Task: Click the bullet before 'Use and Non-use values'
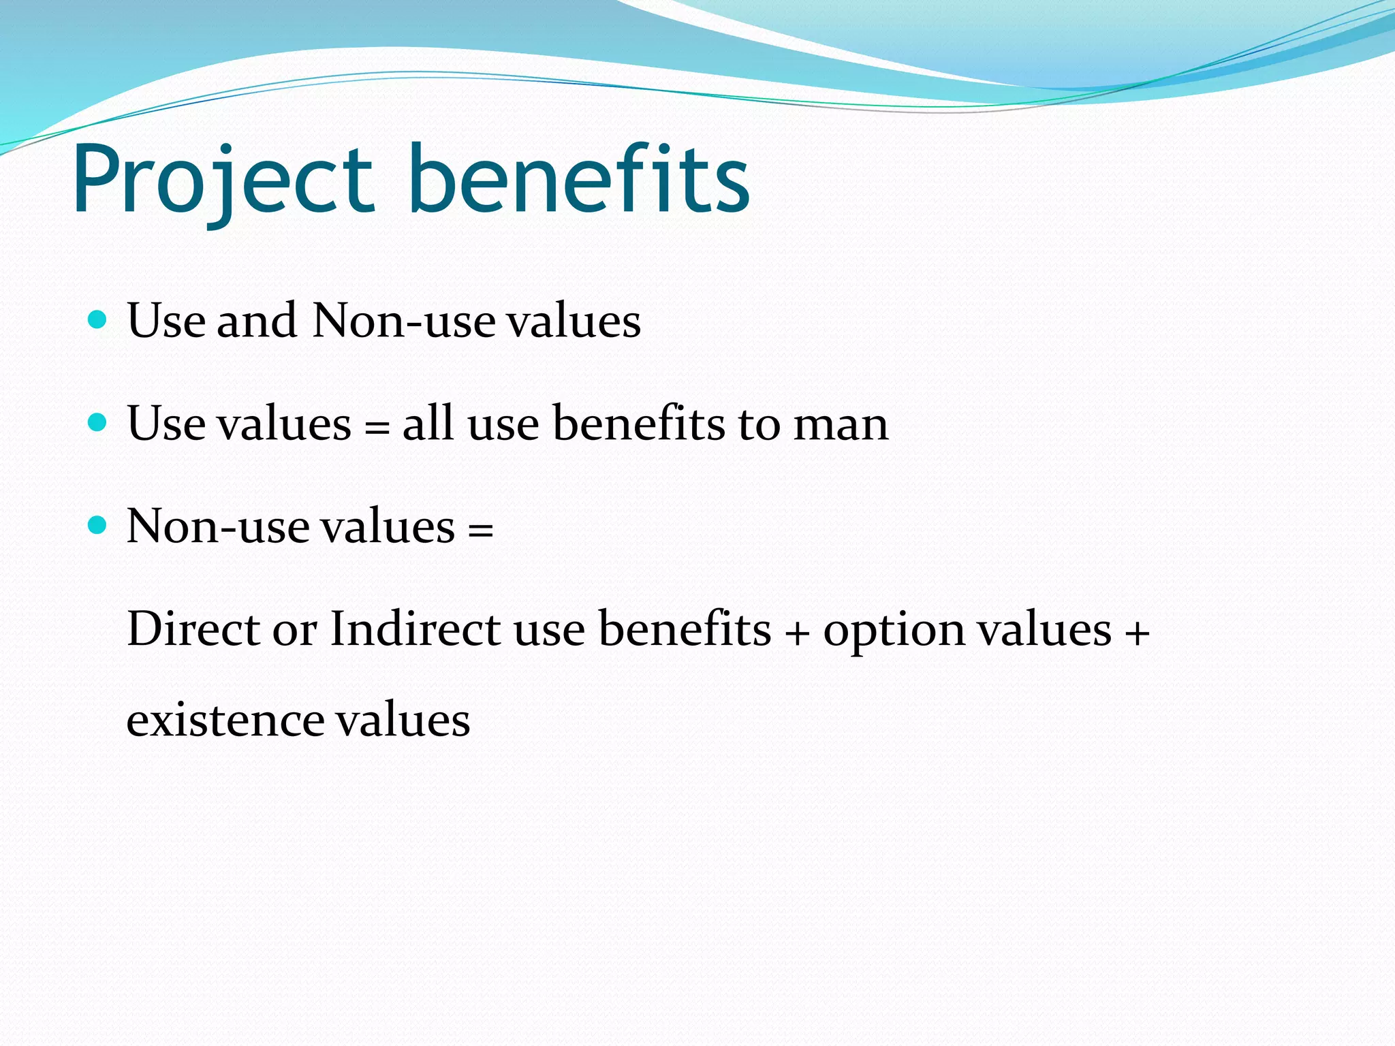pos(98,320)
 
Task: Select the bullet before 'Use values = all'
pos(98,423)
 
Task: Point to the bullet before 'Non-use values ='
pos(98,526)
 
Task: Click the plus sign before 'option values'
pos(797,634)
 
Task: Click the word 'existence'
pos(225,720)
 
